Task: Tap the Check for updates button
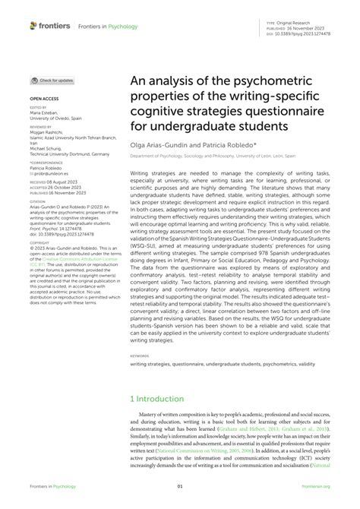tap(52, 80)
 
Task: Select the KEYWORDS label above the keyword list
tap(140, 354)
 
